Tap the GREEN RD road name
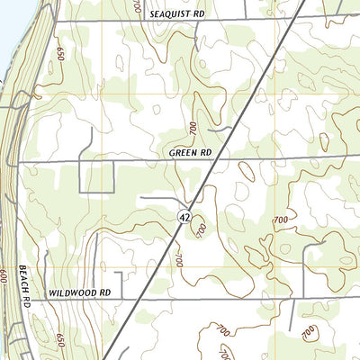190,154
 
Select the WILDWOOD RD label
79,293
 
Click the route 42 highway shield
183,217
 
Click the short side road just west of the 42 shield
157,197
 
